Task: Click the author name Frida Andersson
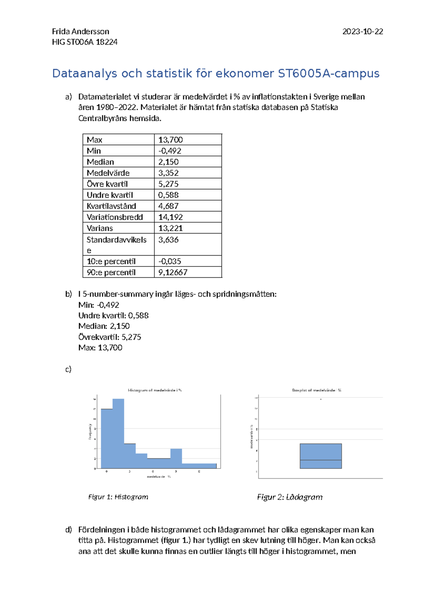[x=80, y=32]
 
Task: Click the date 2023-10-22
[x=362, y=32]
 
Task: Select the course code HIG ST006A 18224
[x=84, y=42]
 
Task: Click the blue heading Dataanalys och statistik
[x=216, y=73]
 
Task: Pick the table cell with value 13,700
[x=170, y=140]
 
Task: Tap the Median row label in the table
[x=100, y=162]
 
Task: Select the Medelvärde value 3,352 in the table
[x=168, y=173]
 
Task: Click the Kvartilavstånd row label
[x=111, y=206]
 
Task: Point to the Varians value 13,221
[x=170, y=228]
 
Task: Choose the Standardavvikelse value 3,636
[x=168, y=240]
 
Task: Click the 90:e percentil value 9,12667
[x=173, y=272]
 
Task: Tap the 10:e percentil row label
[x=111, y=261]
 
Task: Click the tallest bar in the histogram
[x=118, y=433]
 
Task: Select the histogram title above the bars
[x=155, y=390]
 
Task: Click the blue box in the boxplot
[x=321, y=456]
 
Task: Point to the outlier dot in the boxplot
[x=321, y=399]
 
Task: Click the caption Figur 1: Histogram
[x=118, y=497]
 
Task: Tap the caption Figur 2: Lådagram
[x=290, y=497]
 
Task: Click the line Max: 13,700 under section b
[x=100, y=348]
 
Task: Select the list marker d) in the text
[x=69, y=530]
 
